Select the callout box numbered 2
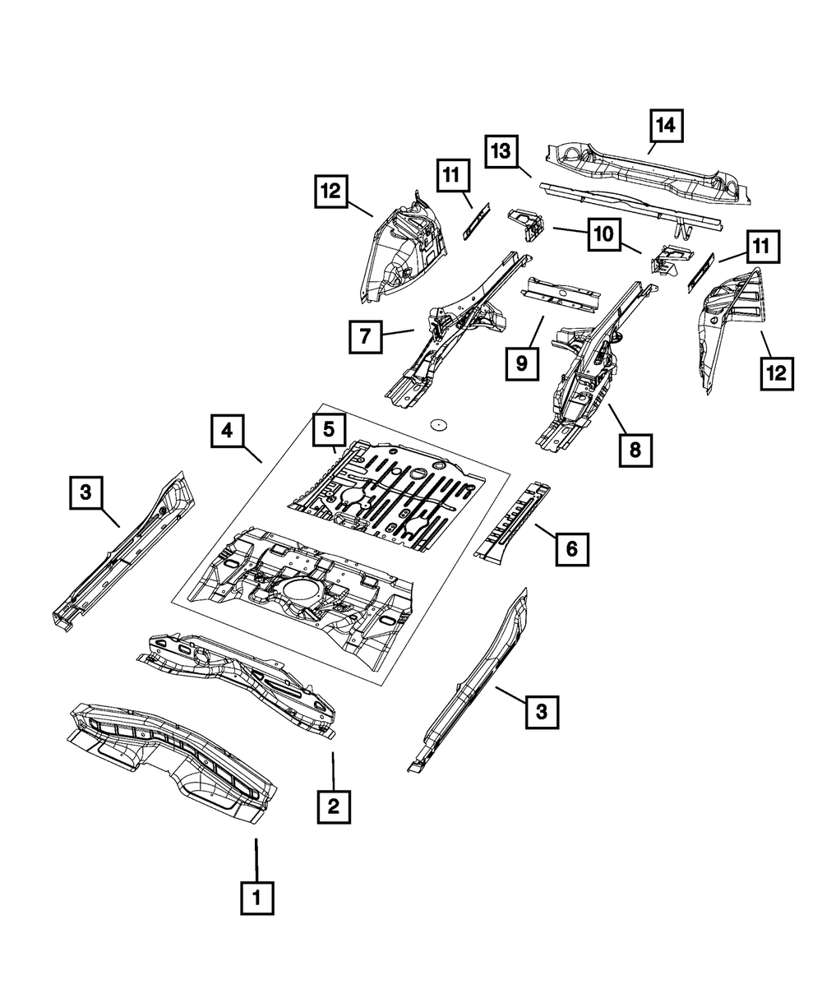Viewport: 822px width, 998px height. pos(333,806)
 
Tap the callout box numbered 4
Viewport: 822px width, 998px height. pos(227,432)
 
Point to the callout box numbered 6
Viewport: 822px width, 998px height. pos(572,548)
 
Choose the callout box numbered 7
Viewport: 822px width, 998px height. pos(366,337)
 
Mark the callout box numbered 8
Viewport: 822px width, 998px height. pos(636,450)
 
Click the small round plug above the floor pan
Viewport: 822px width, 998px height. pos(439,425)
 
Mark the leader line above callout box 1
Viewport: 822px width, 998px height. pos(256,859)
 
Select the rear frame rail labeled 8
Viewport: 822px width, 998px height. pos(592,370)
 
